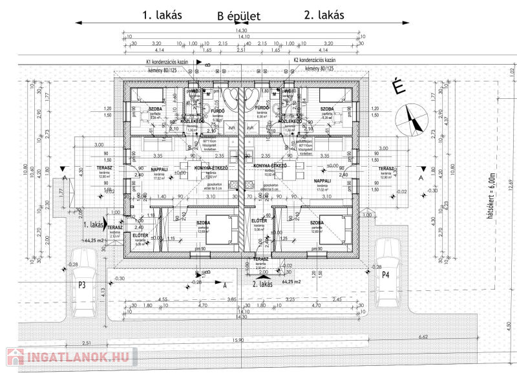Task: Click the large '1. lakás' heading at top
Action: tap(162, 14)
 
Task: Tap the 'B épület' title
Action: tap(238, 16)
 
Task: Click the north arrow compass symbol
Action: tap(412, 120)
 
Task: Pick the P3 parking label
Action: tap(83, 284)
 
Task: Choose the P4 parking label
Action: tap(386, 275)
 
